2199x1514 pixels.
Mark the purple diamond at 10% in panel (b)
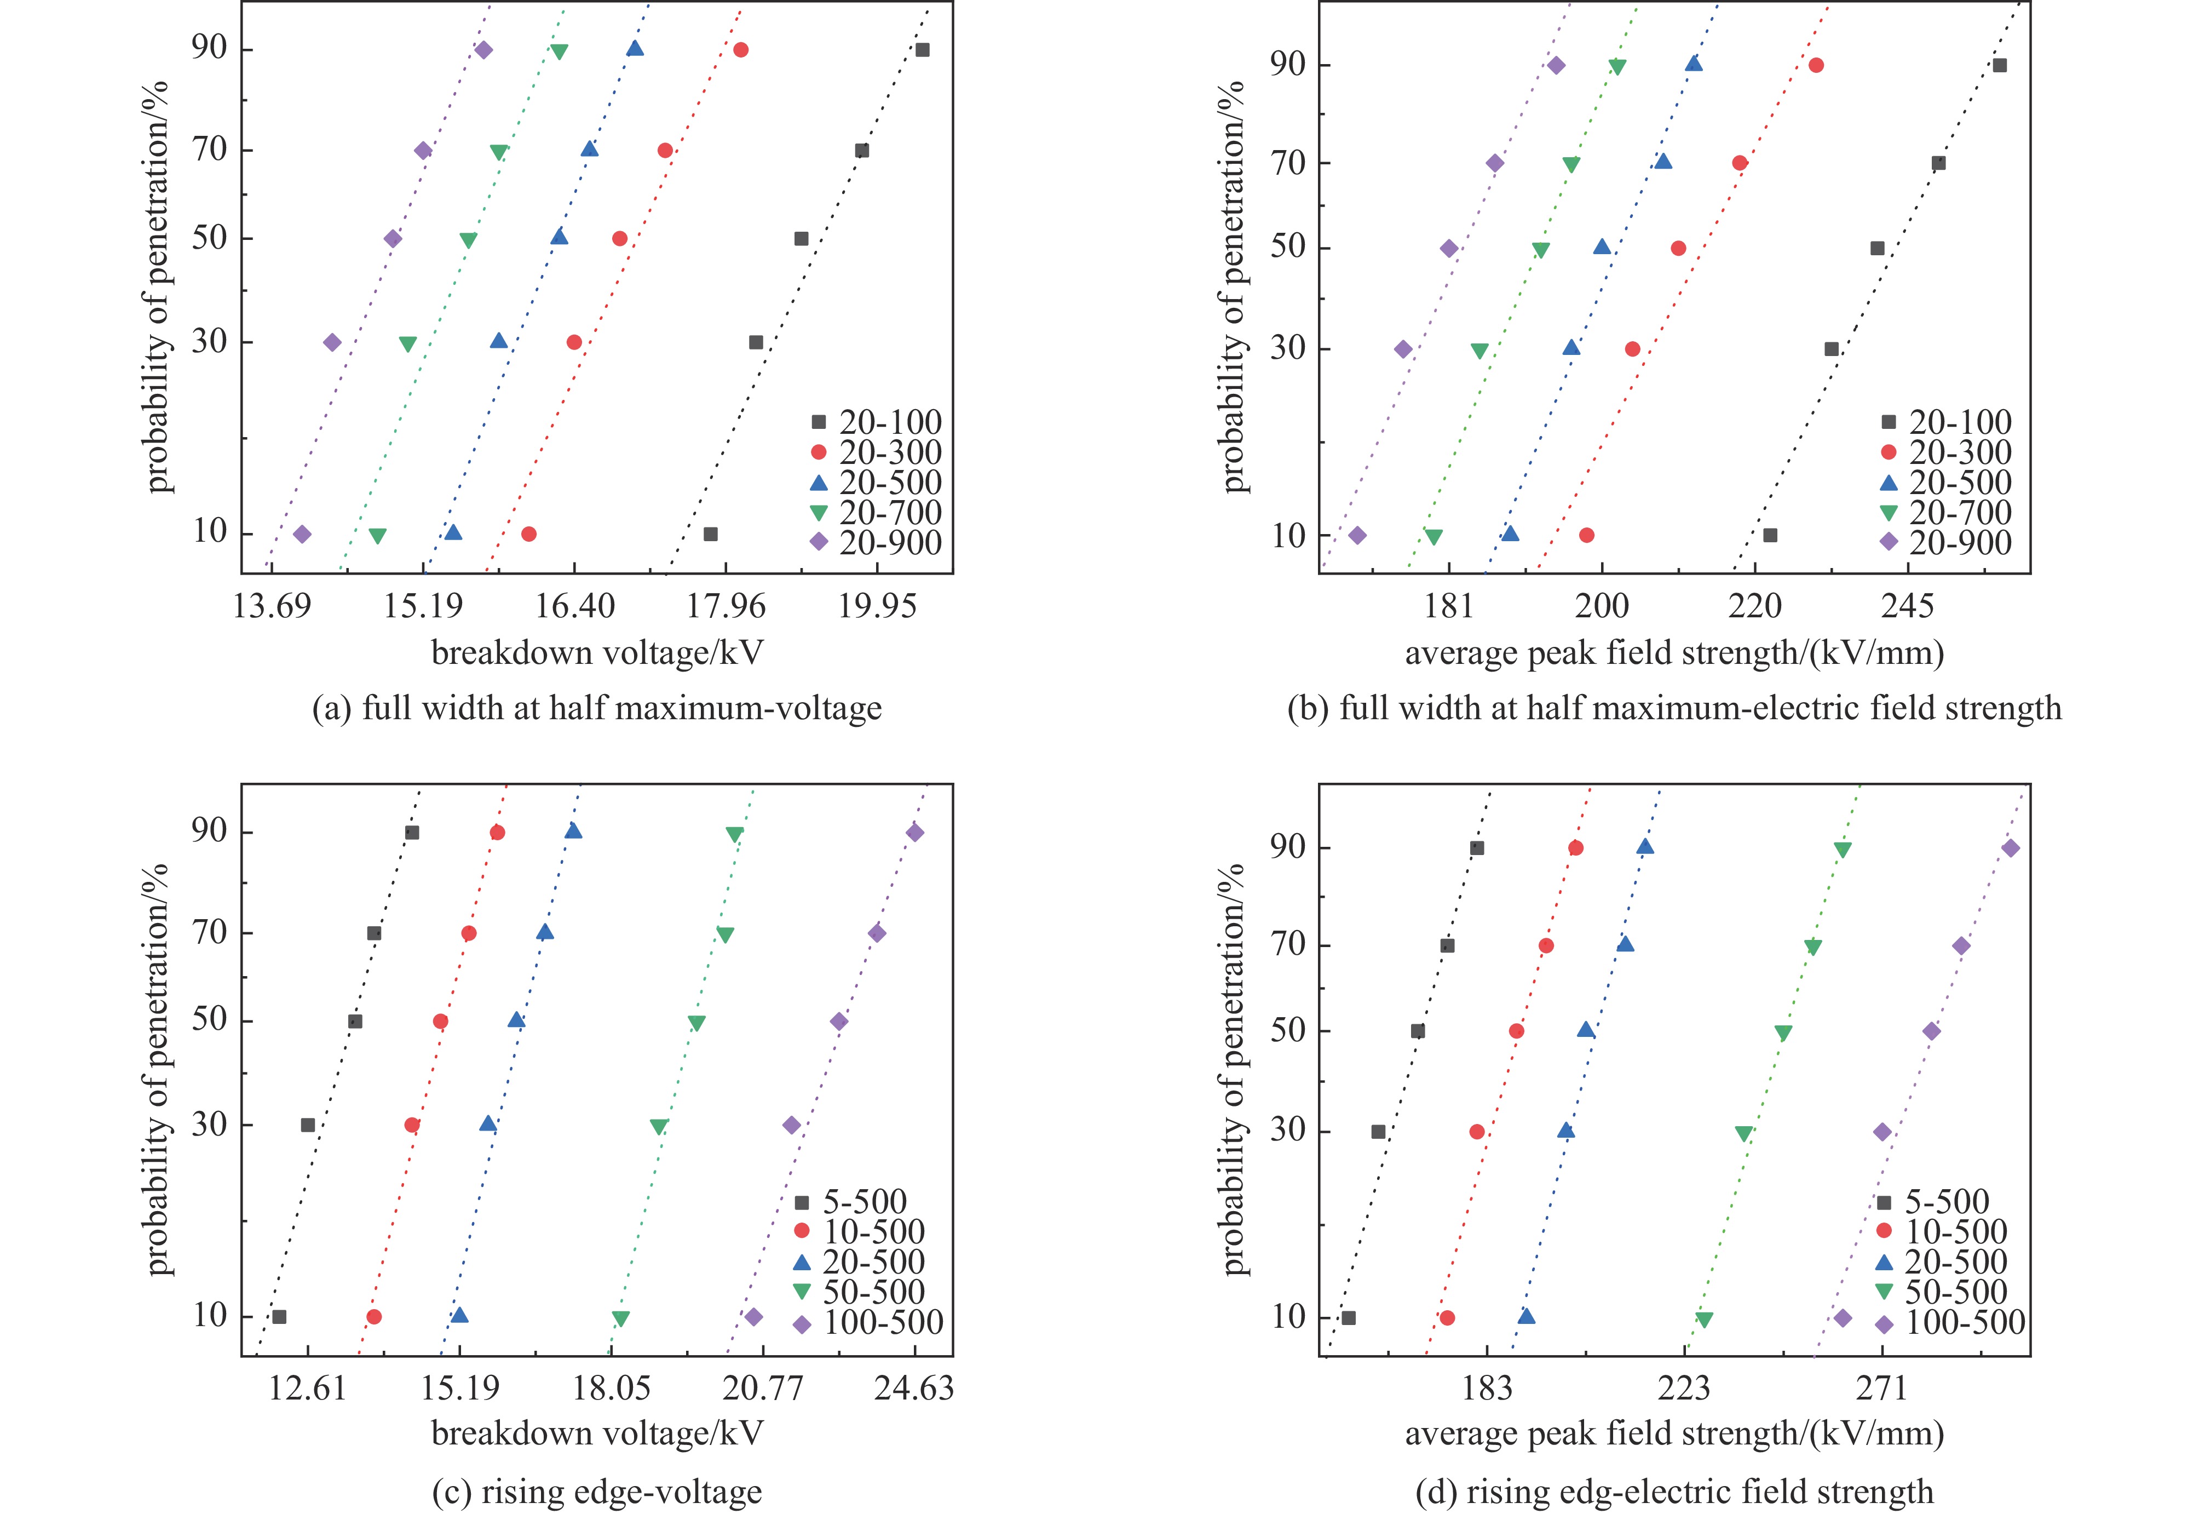(1357, 535)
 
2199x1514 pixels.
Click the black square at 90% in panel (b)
(1999, 65)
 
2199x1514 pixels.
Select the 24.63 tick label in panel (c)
(914, 1388)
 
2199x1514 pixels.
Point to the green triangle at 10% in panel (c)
(620, 1318)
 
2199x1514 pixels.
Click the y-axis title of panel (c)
(159, 1070)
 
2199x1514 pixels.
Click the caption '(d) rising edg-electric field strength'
(1674, 1491)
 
